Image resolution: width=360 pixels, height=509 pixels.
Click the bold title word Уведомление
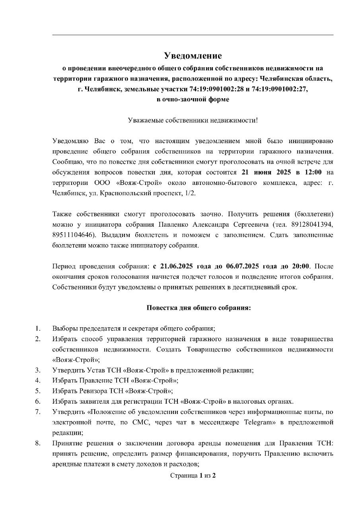(x=193, y=55)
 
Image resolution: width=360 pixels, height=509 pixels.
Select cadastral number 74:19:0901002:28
(x=213, y=89)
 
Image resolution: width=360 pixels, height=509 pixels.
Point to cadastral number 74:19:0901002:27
(x=278, y=89)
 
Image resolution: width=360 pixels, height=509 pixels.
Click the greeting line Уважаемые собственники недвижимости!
(x=193, y=120)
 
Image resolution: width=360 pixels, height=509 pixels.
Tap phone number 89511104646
(x=72, y=235)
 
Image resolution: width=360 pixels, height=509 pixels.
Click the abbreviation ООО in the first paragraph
(x=102, y=183)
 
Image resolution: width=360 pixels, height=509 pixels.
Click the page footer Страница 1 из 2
(x=193, y=475)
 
